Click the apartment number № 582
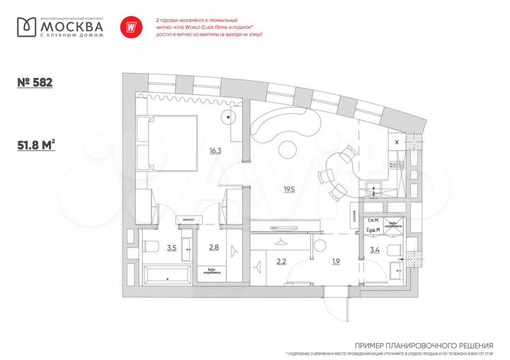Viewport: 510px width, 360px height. tap(35, 82)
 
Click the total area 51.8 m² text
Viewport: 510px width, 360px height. tap(36, 146)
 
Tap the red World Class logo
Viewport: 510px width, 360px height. tap(130, 26)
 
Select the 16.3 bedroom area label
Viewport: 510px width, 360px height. tap(215, 150)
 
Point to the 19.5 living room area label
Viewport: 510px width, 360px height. tap(289, 189)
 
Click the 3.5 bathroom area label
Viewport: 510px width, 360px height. tap(171, 248)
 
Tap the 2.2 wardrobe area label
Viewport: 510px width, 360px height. tap(280, 261)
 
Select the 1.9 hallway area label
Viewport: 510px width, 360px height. tap(336, 261)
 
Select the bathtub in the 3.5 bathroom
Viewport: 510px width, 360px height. tap(164, 276)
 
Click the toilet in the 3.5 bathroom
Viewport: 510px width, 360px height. tap(150, 247)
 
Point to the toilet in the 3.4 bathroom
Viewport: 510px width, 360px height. tap(397, 247)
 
